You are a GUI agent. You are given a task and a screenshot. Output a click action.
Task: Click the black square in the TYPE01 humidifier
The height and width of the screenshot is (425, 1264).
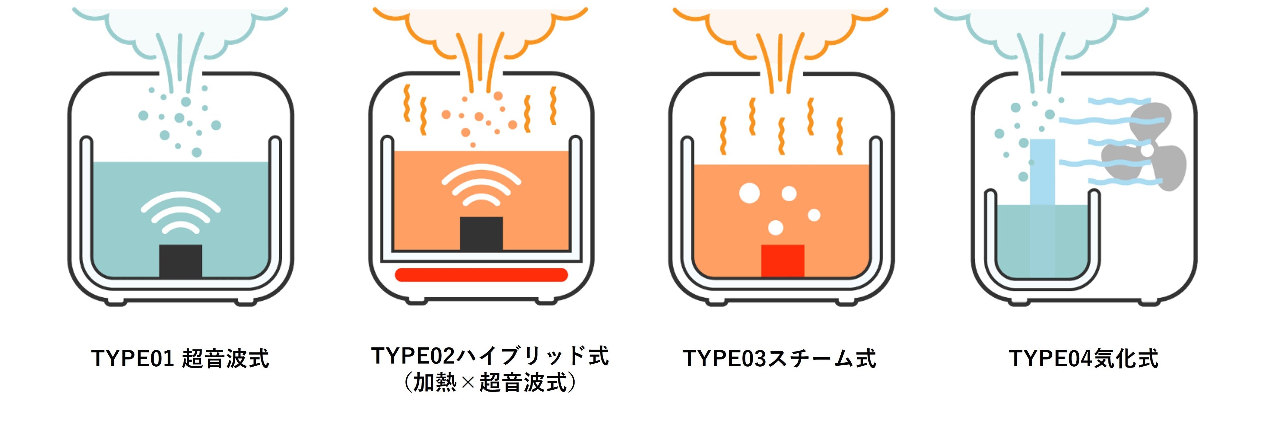pos(181,261)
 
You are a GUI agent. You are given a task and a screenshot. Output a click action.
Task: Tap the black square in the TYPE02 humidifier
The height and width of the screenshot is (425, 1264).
pos(481,233)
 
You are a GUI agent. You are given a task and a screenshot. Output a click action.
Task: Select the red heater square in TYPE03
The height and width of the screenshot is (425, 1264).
pos(783,261)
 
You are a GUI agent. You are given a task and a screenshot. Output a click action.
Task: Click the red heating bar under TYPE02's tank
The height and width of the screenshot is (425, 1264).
pos(481,275)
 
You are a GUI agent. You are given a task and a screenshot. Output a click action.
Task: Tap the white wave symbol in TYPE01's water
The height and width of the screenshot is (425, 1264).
pos(181,211)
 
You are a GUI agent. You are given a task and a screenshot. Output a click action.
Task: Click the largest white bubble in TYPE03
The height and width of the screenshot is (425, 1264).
pos(749,193)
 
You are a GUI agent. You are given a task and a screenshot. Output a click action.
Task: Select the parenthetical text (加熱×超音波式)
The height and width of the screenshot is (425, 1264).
pos(490,382)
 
